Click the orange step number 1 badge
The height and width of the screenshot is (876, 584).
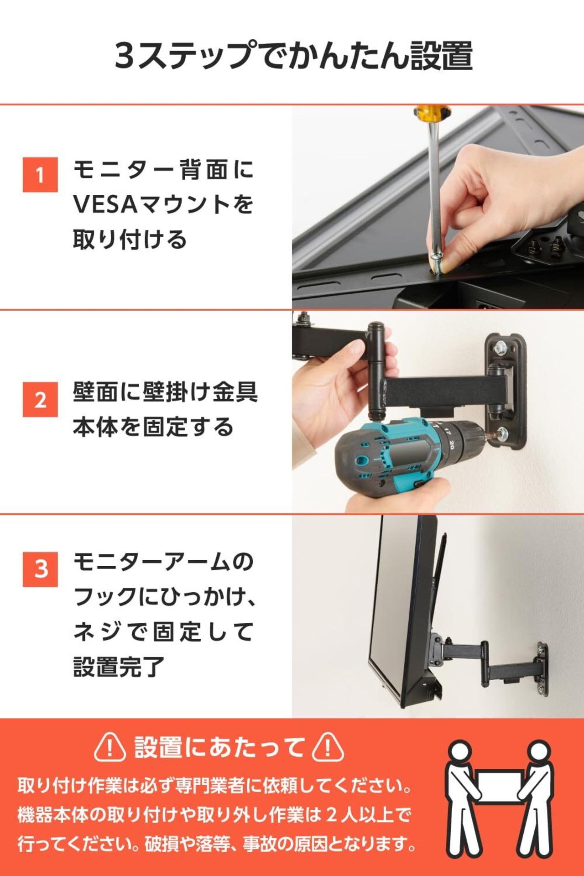pyautogui.click(x=40, y=175)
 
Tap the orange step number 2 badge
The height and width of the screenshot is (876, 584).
pyautogui.click(x=40, y=400)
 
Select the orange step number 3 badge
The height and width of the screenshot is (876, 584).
pyautogui.click(x=40, y=569)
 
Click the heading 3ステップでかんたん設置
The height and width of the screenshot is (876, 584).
pyautogui.click(x=293, y=56)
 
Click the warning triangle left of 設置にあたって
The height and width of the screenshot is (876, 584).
pyautogui.click(x=110, y=747)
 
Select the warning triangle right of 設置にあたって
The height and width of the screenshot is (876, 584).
pyautogui.click(x=328, y=747)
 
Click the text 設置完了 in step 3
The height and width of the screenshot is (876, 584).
pyautogui.click(x=119, y=667)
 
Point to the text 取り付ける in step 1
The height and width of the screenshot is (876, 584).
pyautogui.click(x=130, y=240)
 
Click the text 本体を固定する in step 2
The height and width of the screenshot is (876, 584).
pyautogui.click(x=153, y=427)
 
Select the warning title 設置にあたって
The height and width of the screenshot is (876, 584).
pyautogui.click(x=219, y=747)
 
